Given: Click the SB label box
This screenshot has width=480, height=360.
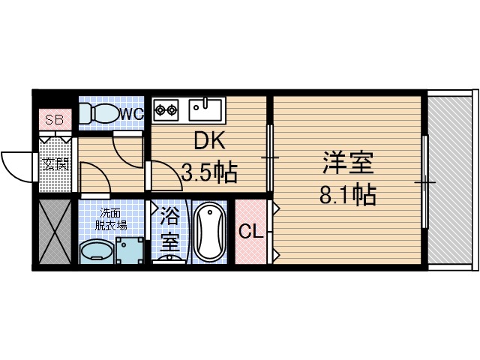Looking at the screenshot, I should click(x=54, y=120).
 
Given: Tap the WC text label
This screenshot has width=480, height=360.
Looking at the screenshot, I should click(x=132, y=113).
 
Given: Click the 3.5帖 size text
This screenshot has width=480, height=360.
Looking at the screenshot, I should click(x=210, y=174).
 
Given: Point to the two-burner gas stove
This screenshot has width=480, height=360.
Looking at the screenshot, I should click(x=166, y=110).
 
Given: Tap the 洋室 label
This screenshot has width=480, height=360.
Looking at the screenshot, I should click(x=348, y=163).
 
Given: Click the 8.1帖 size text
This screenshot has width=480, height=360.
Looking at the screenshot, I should click(x=347, y=196).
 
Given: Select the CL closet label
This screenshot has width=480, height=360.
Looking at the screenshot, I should click(x=250, y=232).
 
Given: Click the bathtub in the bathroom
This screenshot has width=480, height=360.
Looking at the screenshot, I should click(x=208, y=231).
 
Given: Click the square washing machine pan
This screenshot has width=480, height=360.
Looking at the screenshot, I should click(x=130, y=250).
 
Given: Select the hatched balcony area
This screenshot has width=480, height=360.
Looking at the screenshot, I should click(x=451, y=180).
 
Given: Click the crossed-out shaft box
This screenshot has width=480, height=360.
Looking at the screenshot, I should click(x=53, y=232).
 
